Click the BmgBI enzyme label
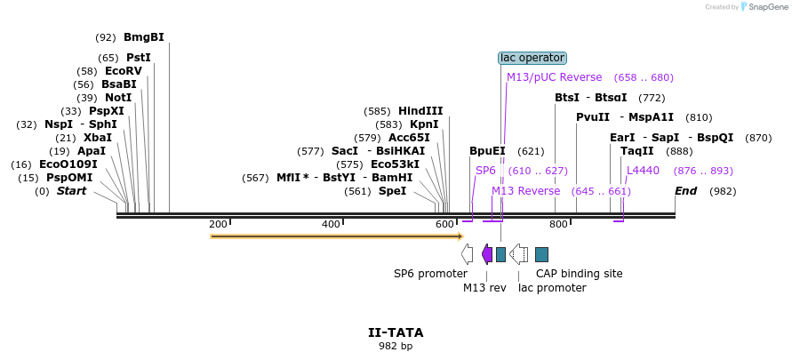(143, 37)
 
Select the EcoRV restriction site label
(123, 71)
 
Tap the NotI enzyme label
(117, 98)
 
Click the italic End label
(685, 191)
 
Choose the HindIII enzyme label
(420, 111)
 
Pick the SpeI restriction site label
(392, 191)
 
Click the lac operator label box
(532, 58)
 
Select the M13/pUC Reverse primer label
(554, 77)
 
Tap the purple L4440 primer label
(643, 170)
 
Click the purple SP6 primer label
(485, 170)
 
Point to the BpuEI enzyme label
(487, 151)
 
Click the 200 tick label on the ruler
(218, 224)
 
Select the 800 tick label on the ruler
(558, 224)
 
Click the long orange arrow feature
(336, 236)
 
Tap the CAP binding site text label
(579, 274)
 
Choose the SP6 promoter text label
(430, 274)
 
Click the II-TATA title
(396, 332)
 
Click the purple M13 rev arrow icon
(487, 254)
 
